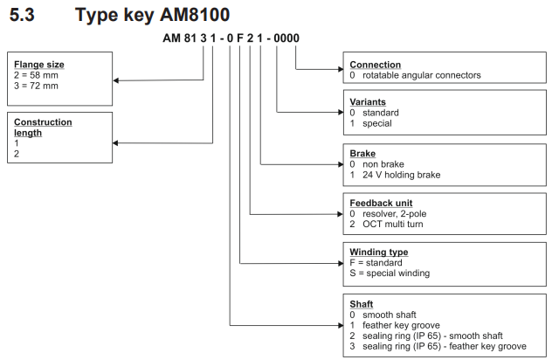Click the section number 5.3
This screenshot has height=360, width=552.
pos(22,15)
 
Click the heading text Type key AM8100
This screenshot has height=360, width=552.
pos(153,15)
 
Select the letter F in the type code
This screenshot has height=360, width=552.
pos(240,38)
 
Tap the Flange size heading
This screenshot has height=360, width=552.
pos(39,65)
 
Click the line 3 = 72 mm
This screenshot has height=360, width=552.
pos(36,86)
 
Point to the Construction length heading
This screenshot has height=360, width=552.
pos(43,128)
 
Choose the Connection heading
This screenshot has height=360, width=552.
pos(376,65)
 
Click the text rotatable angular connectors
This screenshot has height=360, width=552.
pos(421,75)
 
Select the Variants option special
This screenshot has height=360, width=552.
pos(377,123)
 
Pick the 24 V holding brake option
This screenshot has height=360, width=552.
pos(401,175)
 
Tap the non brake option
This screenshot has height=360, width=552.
pos(383,164)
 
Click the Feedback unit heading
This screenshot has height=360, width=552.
pos(381,204)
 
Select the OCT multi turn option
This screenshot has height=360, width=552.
pos(392,224)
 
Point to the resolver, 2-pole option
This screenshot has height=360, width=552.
pos(394,214)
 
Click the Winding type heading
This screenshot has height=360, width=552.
pos(379,253)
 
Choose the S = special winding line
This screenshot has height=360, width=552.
pos(390,273)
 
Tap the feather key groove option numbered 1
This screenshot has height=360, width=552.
pos(401,325)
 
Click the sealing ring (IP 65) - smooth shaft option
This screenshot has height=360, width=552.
pos(432,336)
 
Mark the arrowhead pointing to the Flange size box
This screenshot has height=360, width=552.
pos(116,80)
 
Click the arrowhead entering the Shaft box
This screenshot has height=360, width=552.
pos(341,325)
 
